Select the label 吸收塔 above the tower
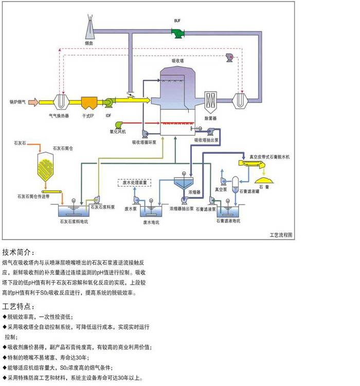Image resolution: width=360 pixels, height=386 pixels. point(177,61)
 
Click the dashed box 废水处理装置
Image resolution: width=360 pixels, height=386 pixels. point(135,182)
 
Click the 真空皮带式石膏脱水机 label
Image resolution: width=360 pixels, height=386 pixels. point(271,156)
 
